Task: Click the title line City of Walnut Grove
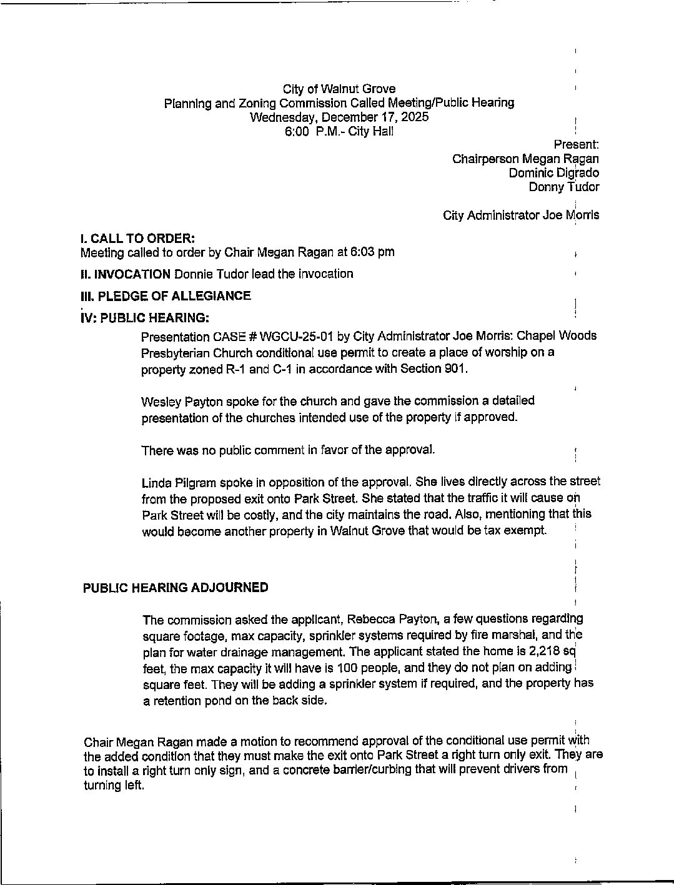(x=339, y=89)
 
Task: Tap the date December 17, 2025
(x=375, y=117)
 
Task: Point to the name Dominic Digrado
(x=553, y=173)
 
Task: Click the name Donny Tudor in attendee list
(x=563, y=187)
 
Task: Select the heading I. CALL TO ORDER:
(x=138, y=238)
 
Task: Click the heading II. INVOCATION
(x=126, y=274)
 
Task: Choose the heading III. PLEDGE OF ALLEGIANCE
(x=166, y=295)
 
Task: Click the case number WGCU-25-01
(x=296, y=336)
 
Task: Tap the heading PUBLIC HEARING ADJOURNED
(x=176, y=588)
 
